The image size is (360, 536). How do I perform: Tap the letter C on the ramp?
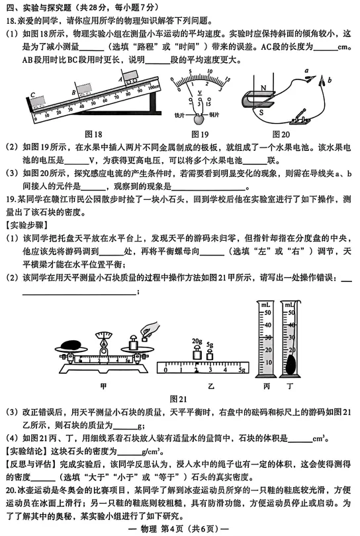31,94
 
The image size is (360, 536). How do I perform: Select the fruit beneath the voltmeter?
197,119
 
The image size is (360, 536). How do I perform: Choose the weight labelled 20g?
197,352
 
